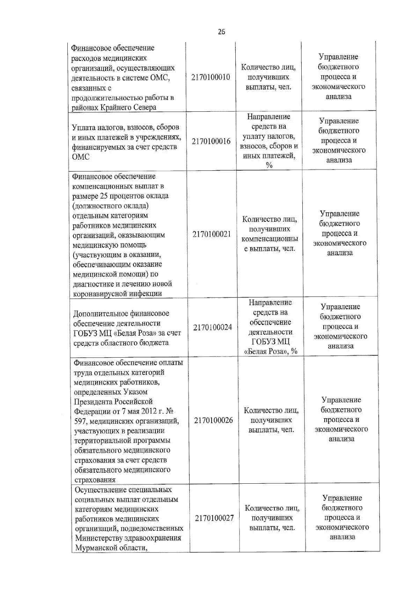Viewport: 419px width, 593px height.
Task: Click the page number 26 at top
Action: point(221,32)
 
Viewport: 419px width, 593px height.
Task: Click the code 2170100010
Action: point(211,77)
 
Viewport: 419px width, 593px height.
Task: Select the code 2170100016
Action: point(211,141)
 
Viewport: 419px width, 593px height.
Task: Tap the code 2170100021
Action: point(212,234)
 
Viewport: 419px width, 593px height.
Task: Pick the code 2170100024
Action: point(212,327)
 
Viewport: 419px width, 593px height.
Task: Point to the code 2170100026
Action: point(213,420)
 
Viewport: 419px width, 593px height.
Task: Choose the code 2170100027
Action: point(214,518)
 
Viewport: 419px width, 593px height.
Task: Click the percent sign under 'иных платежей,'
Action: point(269,166)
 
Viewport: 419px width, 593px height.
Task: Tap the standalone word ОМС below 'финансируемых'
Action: point(81,157)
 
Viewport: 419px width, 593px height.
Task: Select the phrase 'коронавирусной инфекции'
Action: point(117,293)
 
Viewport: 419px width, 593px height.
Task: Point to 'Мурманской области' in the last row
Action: point(110,548)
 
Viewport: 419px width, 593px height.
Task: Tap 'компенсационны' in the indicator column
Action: point(270,239)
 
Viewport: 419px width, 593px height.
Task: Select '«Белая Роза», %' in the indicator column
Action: point(271,351)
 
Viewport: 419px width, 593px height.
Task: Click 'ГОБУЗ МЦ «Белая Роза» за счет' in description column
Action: point(127,333)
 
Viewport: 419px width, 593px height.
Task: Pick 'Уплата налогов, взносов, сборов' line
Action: point(125,127)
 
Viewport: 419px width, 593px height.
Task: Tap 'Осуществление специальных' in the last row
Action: point(123,490)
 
